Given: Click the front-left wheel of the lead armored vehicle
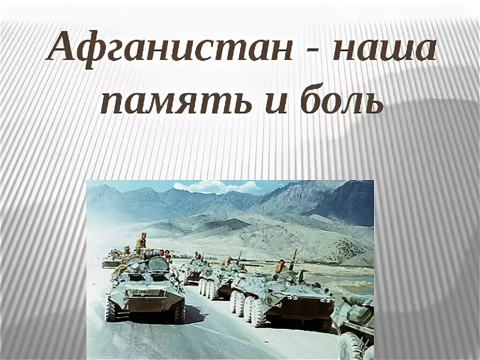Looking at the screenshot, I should coord(112,309).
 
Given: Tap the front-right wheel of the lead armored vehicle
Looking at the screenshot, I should coord(178,312).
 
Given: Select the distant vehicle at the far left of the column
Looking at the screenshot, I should coord(111,259).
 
